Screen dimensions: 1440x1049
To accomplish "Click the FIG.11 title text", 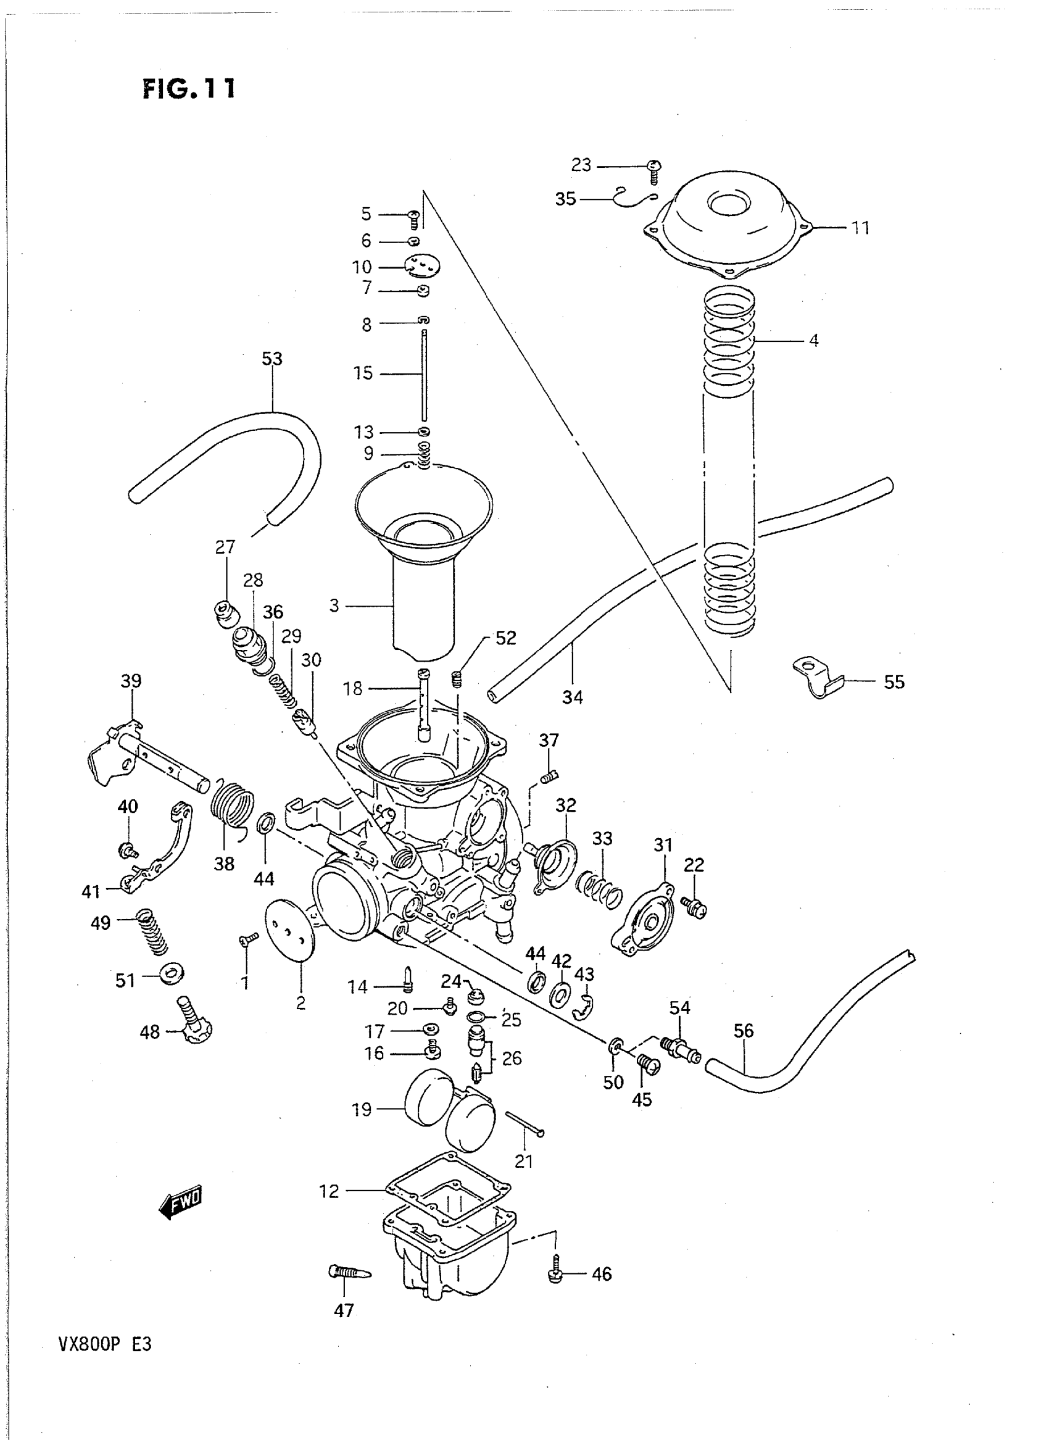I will [x=189, y=88].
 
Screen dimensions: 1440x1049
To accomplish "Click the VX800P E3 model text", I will [x=105, y=1346].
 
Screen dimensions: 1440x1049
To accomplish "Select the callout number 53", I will [x=272, y=359].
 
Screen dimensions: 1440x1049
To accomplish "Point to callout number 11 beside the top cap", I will [x=860, y=227].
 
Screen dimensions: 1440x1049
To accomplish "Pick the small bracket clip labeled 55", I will [x=818, y=678].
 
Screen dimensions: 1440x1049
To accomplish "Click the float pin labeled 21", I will [x=524, y=1125].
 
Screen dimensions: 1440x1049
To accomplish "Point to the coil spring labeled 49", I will [x=153, y=932].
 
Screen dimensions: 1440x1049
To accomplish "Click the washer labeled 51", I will [x=171, y=973].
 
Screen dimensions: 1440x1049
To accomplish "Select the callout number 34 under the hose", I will [x=572, y=697].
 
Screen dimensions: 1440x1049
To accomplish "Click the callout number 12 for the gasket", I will [x=329, y=1192].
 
